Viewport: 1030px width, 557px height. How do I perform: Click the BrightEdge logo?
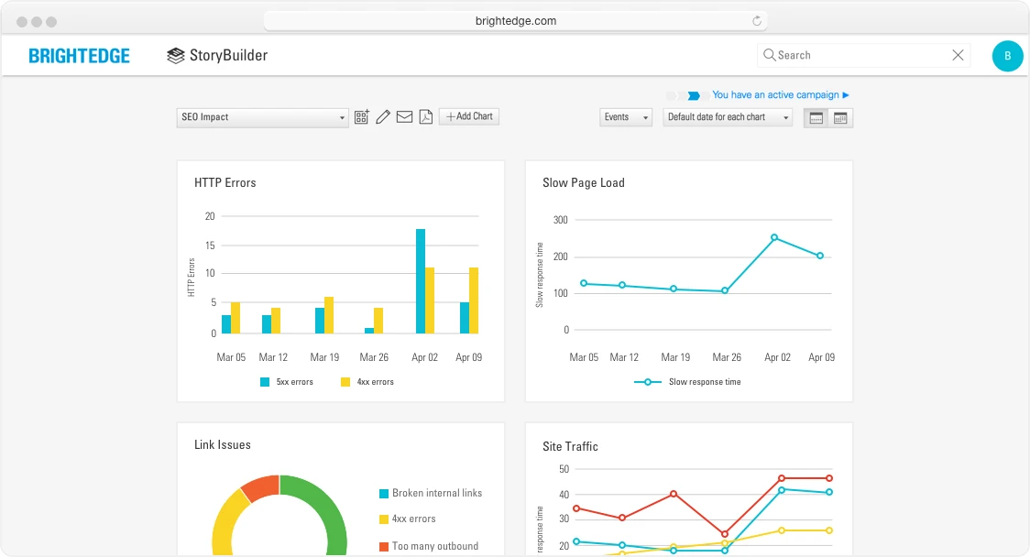point(79,56)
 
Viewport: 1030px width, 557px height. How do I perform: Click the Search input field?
point(857,55)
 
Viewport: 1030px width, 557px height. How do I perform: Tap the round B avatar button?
point(1007,56)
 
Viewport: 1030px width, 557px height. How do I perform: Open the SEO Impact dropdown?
point(262,117)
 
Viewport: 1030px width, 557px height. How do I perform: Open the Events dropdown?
point(626,117)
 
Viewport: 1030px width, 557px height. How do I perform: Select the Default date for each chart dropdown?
point(728,117)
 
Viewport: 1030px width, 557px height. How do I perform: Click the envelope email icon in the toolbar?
point(404,116)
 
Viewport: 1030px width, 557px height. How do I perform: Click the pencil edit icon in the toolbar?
point(383,116)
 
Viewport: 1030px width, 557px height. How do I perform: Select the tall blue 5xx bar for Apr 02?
point(421,280)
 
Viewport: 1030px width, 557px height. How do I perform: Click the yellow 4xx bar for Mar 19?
point(329,314)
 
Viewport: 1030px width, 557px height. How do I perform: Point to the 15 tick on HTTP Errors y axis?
point(210,245)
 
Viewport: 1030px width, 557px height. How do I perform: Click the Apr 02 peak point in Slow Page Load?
point(774,237)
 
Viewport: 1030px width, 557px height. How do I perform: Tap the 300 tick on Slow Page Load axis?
point(560,220)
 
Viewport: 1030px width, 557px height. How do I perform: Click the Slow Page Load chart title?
point(583,182)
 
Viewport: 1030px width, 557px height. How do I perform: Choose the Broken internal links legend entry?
point(431,493)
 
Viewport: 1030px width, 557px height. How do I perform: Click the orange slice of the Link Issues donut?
point(260,486)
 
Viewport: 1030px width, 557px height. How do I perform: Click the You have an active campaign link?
point(781,94)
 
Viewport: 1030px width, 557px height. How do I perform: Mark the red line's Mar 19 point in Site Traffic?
point(674,494)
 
